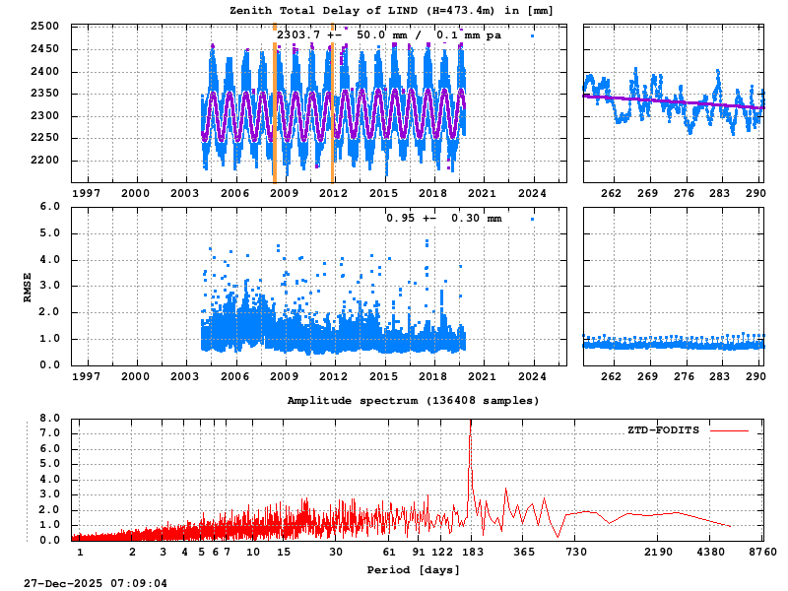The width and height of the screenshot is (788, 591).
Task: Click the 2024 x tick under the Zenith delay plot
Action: coord(533,194)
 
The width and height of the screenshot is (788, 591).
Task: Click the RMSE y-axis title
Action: coord(29,286)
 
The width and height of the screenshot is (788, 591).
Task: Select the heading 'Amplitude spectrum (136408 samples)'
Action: coord(413,401)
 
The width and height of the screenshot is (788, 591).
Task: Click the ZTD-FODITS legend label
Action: coord(663,430)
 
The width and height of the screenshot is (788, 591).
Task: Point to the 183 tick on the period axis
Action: coord(471,553)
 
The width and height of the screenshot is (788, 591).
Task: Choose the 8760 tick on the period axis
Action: coord(762,553)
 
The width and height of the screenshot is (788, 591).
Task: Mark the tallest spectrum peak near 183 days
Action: coord(471,434)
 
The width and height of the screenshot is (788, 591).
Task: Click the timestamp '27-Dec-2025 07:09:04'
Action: coord(96,583)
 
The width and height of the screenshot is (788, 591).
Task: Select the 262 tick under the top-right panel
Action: coord(611,194)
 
